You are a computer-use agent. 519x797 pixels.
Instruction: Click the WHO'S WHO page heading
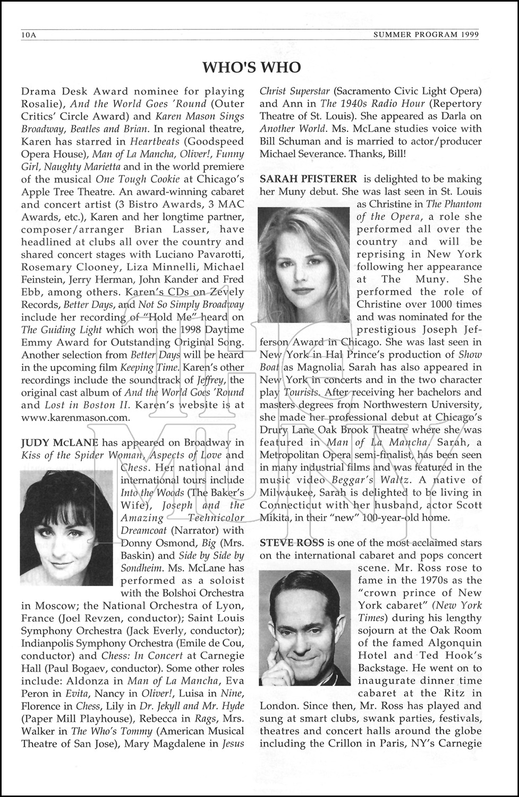pos(252,67)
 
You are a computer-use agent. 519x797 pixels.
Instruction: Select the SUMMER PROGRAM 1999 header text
pos(426,35)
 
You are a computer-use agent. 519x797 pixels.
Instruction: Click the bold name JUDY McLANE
pos(59,443)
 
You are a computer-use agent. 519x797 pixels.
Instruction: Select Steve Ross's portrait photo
pos(304,628)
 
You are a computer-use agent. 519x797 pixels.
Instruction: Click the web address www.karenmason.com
pos(75,418)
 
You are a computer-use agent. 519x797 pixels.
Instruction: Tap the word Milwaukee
pos(287,493)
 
